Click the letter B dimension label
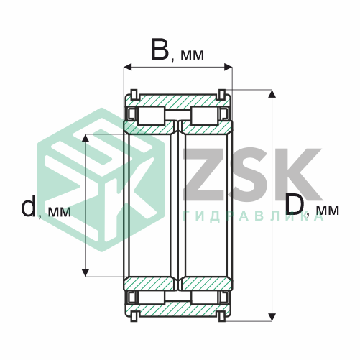160,50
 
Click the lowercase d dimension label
29,206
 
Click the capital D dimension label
295,204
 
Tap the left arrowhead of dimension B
128,67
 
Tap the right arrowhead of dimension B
228,67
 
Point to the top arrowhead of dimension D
272,93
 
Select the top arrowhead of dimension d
86,138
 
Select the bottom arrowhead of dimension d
86,272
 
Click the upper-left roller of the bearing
152,116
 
